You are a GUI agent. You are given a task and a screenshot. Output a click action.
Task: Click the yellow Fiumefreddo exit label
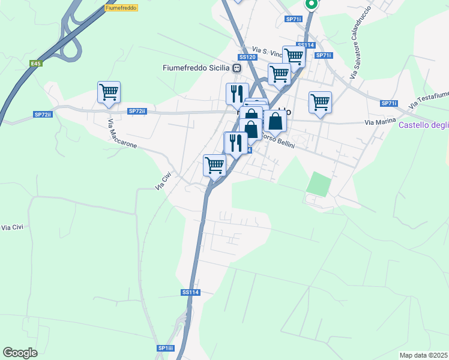point(121,8)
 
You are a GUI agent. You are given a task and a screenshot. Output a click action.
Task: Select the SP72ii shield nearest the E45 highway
point(43,114)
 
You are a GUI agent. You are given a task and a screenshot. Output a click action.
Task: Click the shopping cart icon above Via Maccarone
point(109,92)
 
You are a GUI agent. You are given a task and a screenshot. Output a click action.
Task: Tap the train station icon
point(237,68)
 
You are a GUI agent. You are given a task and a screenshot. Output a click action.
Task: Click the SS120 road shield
point(247,57)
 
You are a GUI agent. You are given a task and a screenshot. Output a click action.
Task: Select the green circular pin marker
point(311,4)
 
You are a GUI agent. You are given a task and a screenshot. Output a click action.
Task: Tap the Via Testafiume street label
point(429,98)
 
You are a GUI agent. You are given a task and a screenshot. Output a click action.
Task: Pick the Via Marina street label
point(381,122)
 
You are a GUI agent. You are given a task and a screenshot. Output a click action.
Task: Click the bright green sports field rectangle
point(318,184)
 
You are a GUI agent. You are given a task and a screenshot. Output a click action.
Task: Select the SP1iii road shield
point(166,348)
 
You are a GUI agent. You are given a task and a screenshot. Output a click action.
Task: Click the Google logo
point(20,353)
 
